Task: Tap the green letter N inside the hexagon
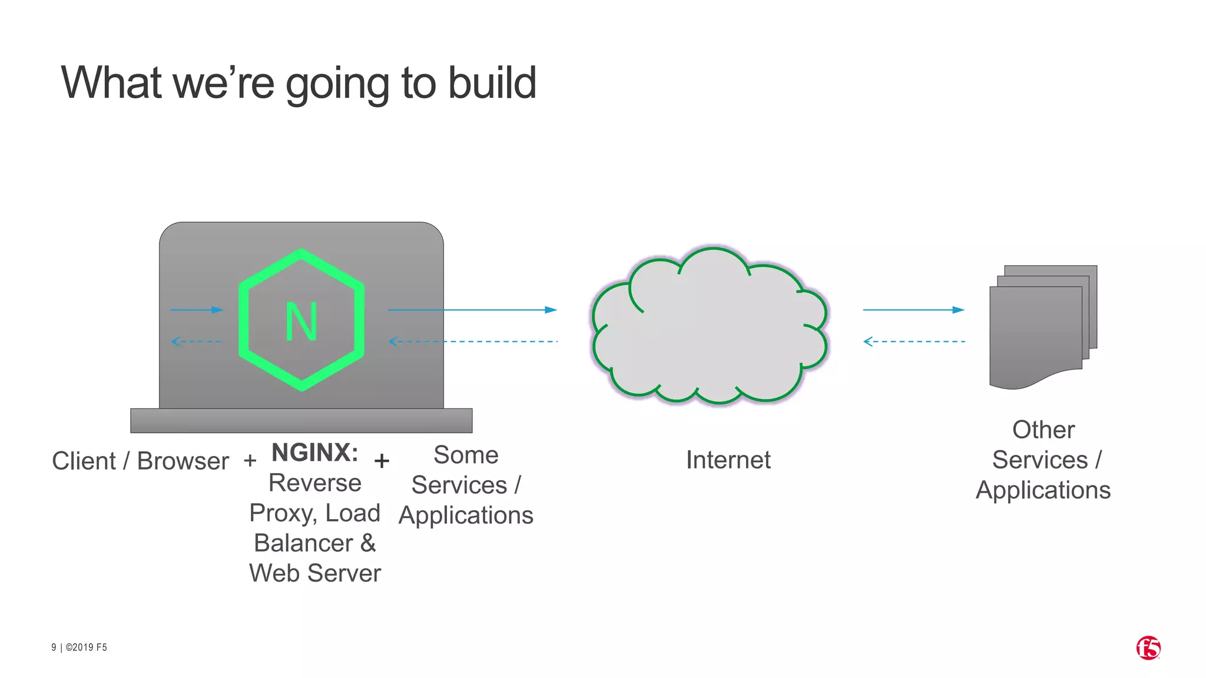tap(301, 322)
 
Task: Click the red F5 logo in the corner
tap(1148, 648)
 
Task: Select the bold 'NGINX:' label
tap(315, 453)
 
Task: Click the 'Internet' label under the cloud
tap(728, 460)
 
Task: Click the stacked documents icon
tap(1042, 327)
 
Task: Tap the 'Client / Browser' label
tap(140, 461)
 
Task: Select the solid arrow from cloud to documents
tap(913, 310)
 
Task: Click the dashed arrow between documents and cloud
tap(914, 341)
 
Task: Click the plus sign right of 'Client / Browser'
tap(250, 460)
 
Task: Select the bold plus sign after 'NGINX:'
tap(382, 460)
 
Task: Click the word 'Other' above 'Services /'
tap(1043, 430)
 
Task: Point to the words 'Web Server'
tap(315, 573)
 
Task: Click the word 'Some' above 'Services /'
tap(466, 455)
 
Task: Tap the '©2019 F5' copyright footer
tap(86, 647)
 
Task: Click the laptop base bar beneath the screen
tap(301, 420)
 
